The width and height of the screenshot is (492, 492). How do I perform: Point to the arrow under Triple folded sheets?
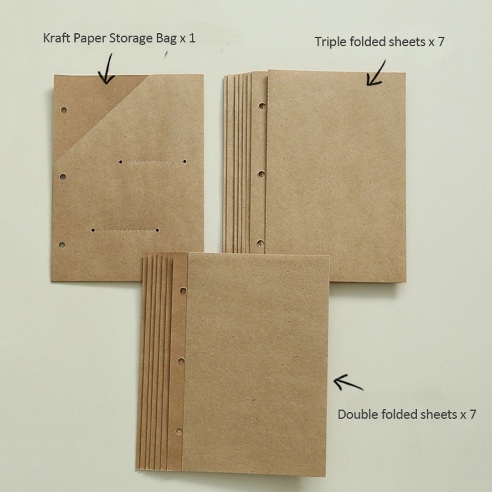(x=376, y=74)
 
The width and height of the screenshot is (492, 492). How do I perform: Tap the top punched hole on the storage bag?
(x=64, y=110)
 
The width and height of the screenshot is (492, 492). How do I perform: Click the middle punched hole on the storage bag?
(x=63, y=176)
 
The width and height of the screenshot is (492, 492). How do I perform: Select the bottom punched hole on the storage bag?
(x=62, y=245)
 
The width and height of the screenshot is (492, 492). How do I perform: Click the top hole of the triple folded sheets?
(x=262, y=106)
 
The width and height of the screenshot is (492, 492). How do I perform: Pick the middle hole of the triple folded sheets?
(x=261, y=174)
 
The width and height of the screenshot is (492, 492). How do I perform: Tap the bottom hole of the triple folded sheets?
(x=260, y=243)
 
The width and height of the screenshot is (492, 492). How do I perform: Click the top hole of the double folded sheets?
(x=183, y=290)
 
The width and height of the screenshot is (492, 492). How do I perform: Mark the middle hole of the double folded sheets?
(x=181, y=361)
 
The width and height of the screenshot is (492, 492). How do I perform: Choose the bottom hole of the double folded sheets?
(x=179, y=431)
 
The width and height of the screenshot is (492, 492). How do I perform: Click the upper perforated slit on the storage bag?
(x=152, y=161)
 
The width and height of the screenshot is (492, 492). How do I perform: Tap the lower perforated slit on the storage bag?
(x=124, y=231)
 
